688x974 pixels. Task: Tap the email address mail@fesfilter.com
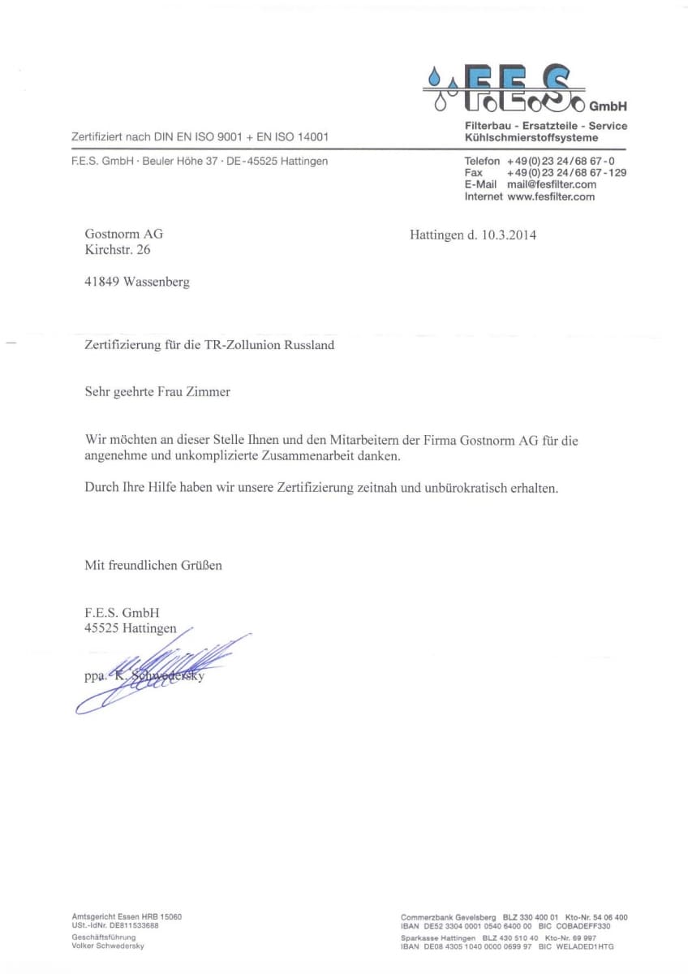tap(551, 184)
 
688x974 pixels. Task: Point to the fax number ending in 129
tap(566, 173)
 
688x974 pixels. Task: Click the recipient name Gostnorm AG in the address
tap(124, 235)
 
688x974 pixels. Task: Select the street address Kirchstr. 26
tap(118, 250)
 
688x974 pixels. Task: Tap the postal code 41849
tap(102, 282)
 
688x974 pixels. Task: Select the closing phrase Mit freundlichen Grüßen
tap(153, 565)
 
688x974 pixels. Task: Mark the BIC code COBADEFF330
tap(583, 926)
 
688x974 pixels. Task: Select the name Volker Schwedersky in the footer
tap(108, 946)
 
